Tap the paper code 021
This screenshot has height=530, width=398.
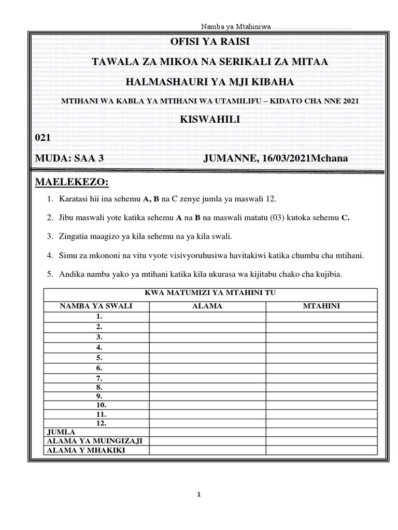click(42, 137)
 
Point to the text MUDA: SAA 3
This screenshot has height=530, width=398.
click(69, 158)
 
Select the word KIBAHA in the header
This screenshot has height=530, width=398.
click(273, 82)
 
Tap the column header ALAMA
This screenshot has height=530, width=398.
click(207, 306)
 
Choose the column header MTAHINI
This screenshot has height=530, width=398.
click(321, 306)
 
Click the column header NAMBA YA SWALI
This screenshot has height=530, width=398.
click(96, 306)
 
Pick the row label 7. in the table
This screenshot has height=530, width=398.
click(99, 378)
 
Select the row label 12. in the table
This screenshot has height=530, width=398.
click(101, 423)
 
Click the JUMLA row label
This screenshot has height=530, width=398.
click(61, 432)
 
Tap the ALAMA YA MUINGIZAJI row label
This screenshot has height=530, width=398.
click(95, 440)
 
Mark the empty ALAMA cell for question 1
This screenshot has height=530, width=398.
click(207, 316)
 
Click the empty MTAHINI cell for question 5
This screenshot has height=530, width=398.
click(321, 358)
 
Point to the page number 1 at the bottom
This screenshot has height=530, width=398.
click(199, 494)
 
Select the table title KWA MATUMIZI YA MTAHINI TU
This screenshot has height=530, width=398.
click(210, 293)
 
